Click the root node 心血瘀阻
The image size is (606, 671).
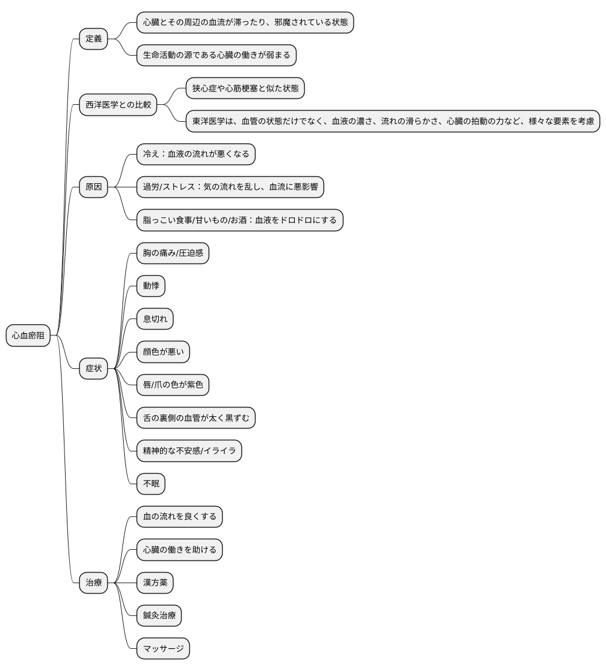[28, 335]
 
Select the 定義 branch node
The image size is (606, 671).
[93, 39]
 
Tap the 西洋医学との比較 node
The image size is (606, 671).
[118, 105]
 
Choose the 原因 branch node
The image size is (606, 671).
[93, 187]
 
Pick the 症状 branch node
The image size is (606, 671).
[93, 368]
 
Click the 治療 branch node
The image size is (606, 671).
[93, 583]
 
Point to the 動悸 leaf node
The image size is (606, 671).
[151, 286]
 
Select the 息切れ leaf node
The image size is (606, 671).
[155, 319]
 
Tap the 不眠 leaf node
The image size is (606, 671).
[151, 484]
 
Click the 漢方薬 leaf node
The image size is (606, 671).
[155, 583]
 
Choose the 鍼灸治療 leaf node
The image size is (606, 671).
[159, 615]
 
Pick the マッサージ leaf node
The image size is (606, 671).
[163, 648]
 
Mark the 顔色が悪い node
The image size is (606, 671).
[163, 352]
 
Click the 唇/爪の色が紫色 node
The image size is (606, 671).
[173, 385]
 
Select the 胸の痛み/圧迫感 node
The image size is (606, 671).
[173, 253]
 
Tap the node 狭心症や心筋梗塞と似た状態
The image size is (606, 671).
[246, 88]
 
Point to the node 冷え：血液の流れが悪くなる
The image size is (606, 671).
[196, 154]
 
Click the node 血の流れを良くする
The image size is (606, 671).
[180, 516]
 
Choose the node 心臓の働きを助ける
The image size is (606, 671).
[180, 549]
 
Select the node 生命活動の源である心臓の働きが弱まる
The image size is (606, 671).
[217, 55]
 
